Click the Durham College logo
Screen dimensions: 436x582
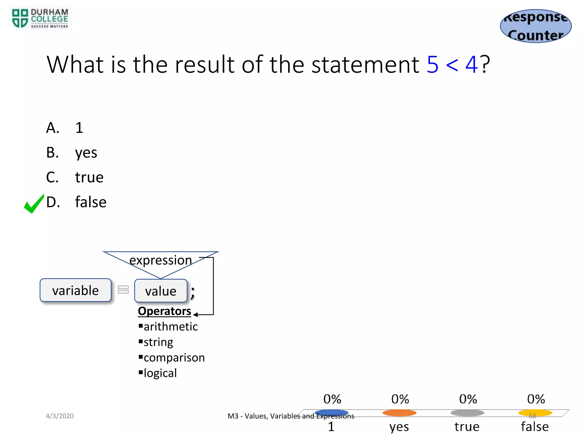click(40, 19)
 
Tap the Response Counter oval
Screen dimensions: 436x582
click(536, 26)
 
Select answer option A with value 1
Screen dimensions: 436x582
click(65, 128)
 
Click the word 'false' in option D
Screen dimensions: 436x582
click(91, 202)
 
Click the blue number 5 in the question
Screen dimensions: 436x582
click(433, 64)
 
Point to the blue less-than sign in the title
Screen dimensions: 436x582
click(452, 65)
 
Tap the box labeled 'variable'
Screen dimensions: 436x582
click(76, 290)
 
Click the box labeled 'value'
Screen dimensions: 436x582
click(161, 291)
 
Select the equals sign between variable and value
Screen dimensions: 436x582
click(123, 290)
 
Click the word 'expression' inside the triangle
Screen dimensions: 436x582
click(161, 260)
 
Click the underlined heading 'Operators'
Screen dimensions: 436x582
click(164, 311)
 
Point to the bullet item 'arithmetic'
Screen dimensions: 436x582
click(171, 327)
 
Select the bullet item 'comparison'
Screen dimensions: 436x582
click(174, 358)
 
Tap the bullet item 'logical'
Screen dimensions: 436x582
click(160, 373)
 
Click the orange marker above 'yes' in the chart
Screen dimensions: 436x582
click(399, 413)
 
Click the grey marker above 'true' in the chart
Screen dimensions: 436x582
click(467, 413)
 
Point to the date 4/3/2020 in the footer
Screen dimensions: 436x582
click(60, 416)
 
